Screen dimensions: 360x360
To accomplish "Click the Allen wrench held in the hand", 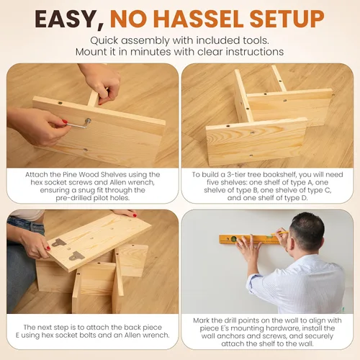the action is (x=78, y=124).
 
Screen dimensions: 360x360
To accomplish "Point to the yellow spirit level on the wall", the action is (x=250, y=239).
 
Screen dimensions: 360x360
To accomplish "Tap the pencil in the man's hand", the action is (x=280, y=233).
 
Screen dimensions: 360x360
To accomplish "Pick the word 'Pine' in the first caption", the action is (x=70, y=174).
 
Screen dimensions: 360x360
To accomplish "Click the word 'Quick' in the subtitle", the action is (x=104, y=40).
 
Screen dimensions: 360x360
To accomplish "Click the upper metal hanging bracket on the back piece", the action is (x=59, y=243).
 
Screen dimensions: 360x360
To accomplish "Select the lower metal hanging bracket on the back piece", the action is (x=77, y=256).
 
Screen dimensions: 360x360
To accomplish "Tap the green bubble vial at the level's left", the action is (x=233, y=239).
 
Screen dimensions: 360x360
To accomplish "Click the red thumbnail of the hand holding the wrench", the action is (x=65, y=122).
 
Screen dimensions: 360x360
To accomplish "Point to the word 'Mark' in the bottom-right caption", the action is (x=202, y=320).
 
